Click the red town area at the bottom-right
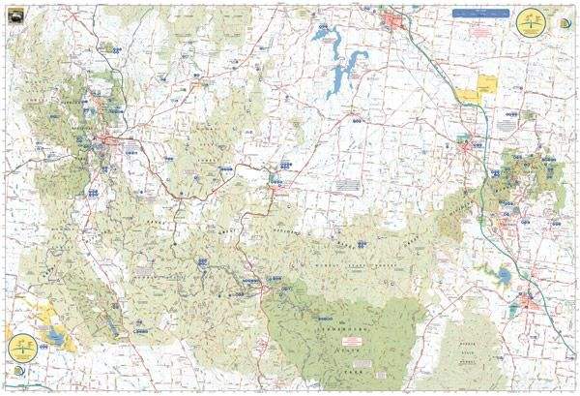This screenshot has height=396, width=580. click(529, 301)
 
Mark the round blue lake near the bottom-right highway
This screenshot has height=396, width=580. click(504, 278)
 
